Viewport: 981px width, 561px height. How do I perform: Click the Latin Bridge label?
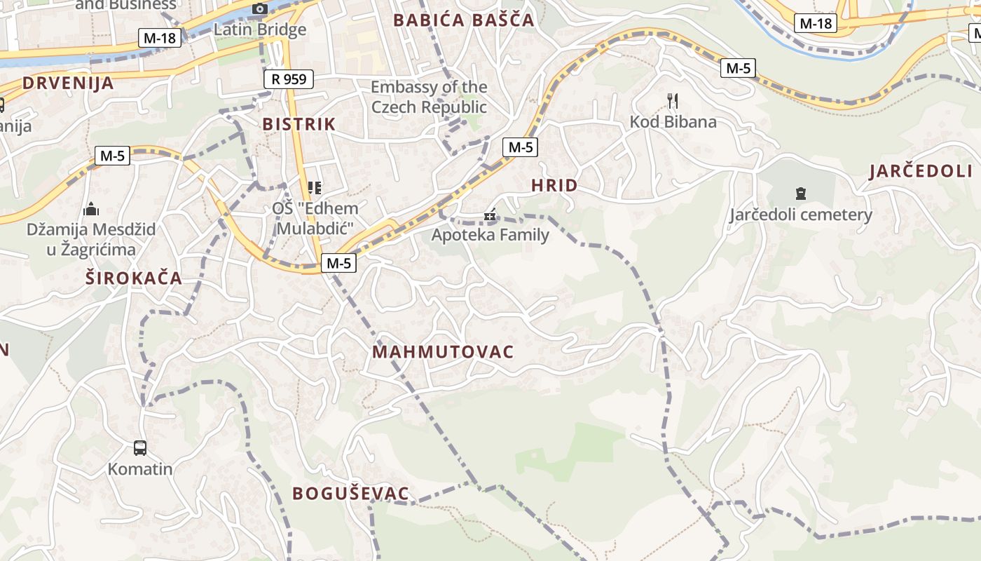pyautogui.click(x=260, y=29)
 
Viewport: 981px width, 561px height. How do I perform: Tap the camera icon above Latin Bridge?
pyautogui.click(x=260, y=9)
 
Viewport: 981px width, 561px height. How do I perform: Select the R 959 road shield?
pyautogui.click(x=289, y=79)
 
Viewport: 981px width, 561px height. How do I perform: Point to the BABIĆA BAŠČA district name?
pyautogui.click(x=464, y=20)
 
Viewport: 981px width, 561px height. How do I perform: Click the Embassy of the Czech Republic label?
pyautogui.click(x=429, y=97)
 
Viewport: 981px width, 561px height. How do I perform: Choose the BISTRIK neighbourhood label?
pyautogui.click(x=299, y=124)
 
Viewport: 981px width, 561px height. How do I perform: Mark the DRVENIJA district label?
pyautogui.click(x=68, y=83)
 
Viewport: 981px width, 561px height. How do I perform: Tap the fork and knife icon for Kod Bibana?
pyautogui.click(x=673, y=101)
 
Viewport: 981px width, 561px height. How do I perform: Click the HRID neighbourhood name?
pyautogui.click(x=554, y=186)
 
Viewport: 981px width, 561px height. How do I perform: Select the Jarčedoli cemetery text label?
pyautogui.click(x=801, y=215)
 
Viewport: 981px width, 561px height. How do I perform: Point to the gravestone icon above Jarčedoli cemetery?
pyautogui.click(x=800, y=194)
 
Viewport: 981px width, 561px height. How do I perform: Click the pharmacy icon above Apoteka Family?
pyautogui.click(x=490, y=215)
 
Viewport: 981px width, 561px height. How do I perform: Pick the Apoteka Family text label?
pyautogui.click(x=490, y=234)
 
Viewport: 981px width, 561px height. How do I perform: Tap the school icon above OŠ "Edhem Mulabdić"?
pyautogui.click(x=315, y=188)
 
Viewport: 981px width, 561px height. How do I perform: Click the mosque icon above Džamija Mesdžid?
pyautogui.click(x=91, y=209)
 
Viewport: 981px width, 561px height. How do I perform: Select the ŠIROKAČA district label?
pyautogui.click(x=134, y=278)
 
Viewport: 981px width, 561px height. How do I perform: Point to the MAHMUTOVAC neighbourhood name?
pyautogui.click(x=443, y=352)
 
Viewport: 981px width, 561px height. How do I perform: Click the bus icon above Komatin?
pyautogui.click(x=140, y=447)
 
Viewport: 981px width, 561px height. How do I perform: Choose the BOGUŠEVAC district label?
pyautogui.click(x=350, y=494)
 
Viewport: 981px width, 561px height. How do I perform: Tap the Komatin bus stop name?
pyautogui.click(x=140, y=468)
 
